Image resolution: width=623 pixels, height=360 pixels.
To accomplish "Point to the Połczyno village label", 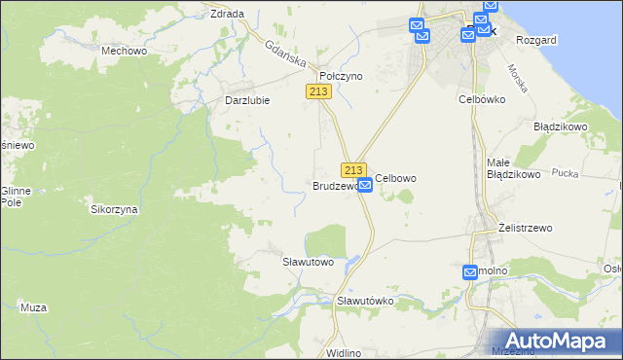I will (341, 75).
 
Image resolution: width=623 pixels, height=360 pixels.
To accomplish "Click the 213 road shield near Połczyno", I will (319, 90).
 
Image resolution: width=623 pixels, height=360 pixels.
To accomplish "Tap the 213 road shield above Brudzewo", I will (353, 169).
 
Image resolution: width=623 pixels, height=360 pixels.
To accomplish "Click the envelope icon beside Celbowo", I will (365, 184).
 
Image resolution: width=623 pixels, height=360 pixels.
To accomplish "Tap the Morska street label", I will (518, 78).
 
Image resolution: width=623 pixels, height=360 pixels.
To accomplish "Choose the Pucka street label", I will (565, 172).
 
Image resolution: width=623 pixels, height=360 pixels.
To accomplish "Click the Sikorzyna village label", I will (114, 209).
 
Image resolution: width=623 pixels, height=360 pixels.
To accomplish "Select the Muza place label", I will (33, 307).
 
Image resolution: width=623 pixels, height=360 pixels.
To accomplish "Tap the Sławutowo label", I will (308, 262).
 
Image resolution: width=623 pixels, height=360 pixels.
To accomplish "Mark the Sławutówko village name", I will (365, 301).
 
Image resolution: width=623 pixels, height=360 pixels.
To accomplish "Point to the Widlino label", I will (345, 352).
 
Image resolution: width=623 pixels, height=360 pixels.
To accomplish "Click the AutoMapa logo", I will (560, 341).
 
